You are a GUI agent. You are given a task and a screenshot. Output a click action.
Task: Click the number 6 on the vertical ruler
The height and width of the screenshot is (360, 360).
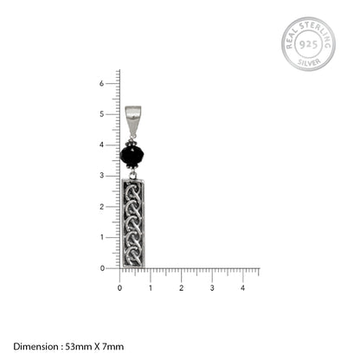[101, 83]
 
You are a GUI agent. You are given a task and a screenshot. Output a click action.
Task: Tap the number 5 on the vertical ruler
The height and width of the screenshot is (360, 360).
[101, 114]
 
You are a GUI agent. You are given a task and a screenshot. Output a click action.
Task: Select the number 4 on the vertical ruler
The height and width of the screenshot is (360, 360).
[101, 145]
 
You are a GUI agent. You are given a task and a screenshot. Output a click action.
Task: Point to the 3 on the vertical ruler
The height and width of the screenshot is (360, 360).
[101, 176]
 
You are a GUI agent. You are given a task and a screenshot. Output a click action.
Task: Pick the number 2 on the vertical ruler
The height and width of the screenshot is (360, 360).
[101, 207]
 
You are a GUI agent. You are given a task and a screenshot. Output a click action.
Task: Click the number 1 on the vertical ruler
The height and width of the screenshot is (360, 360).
[101, 237]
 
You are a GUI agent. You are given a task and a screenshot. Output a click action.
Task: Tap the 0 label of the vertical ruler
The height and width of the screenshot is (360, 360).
[102, 268]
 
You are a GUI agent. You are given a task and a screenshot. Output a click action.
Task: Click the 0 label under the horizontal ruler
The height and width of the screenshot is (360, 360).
[119, 288]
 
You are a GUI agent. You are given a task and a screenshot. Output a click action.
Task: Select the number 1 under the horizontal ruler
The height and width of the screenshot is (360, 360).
[151, 288]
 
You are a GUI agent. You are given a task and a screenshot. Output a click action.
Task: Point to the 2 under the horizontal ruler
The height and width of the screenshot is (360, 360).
[181, 288]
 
